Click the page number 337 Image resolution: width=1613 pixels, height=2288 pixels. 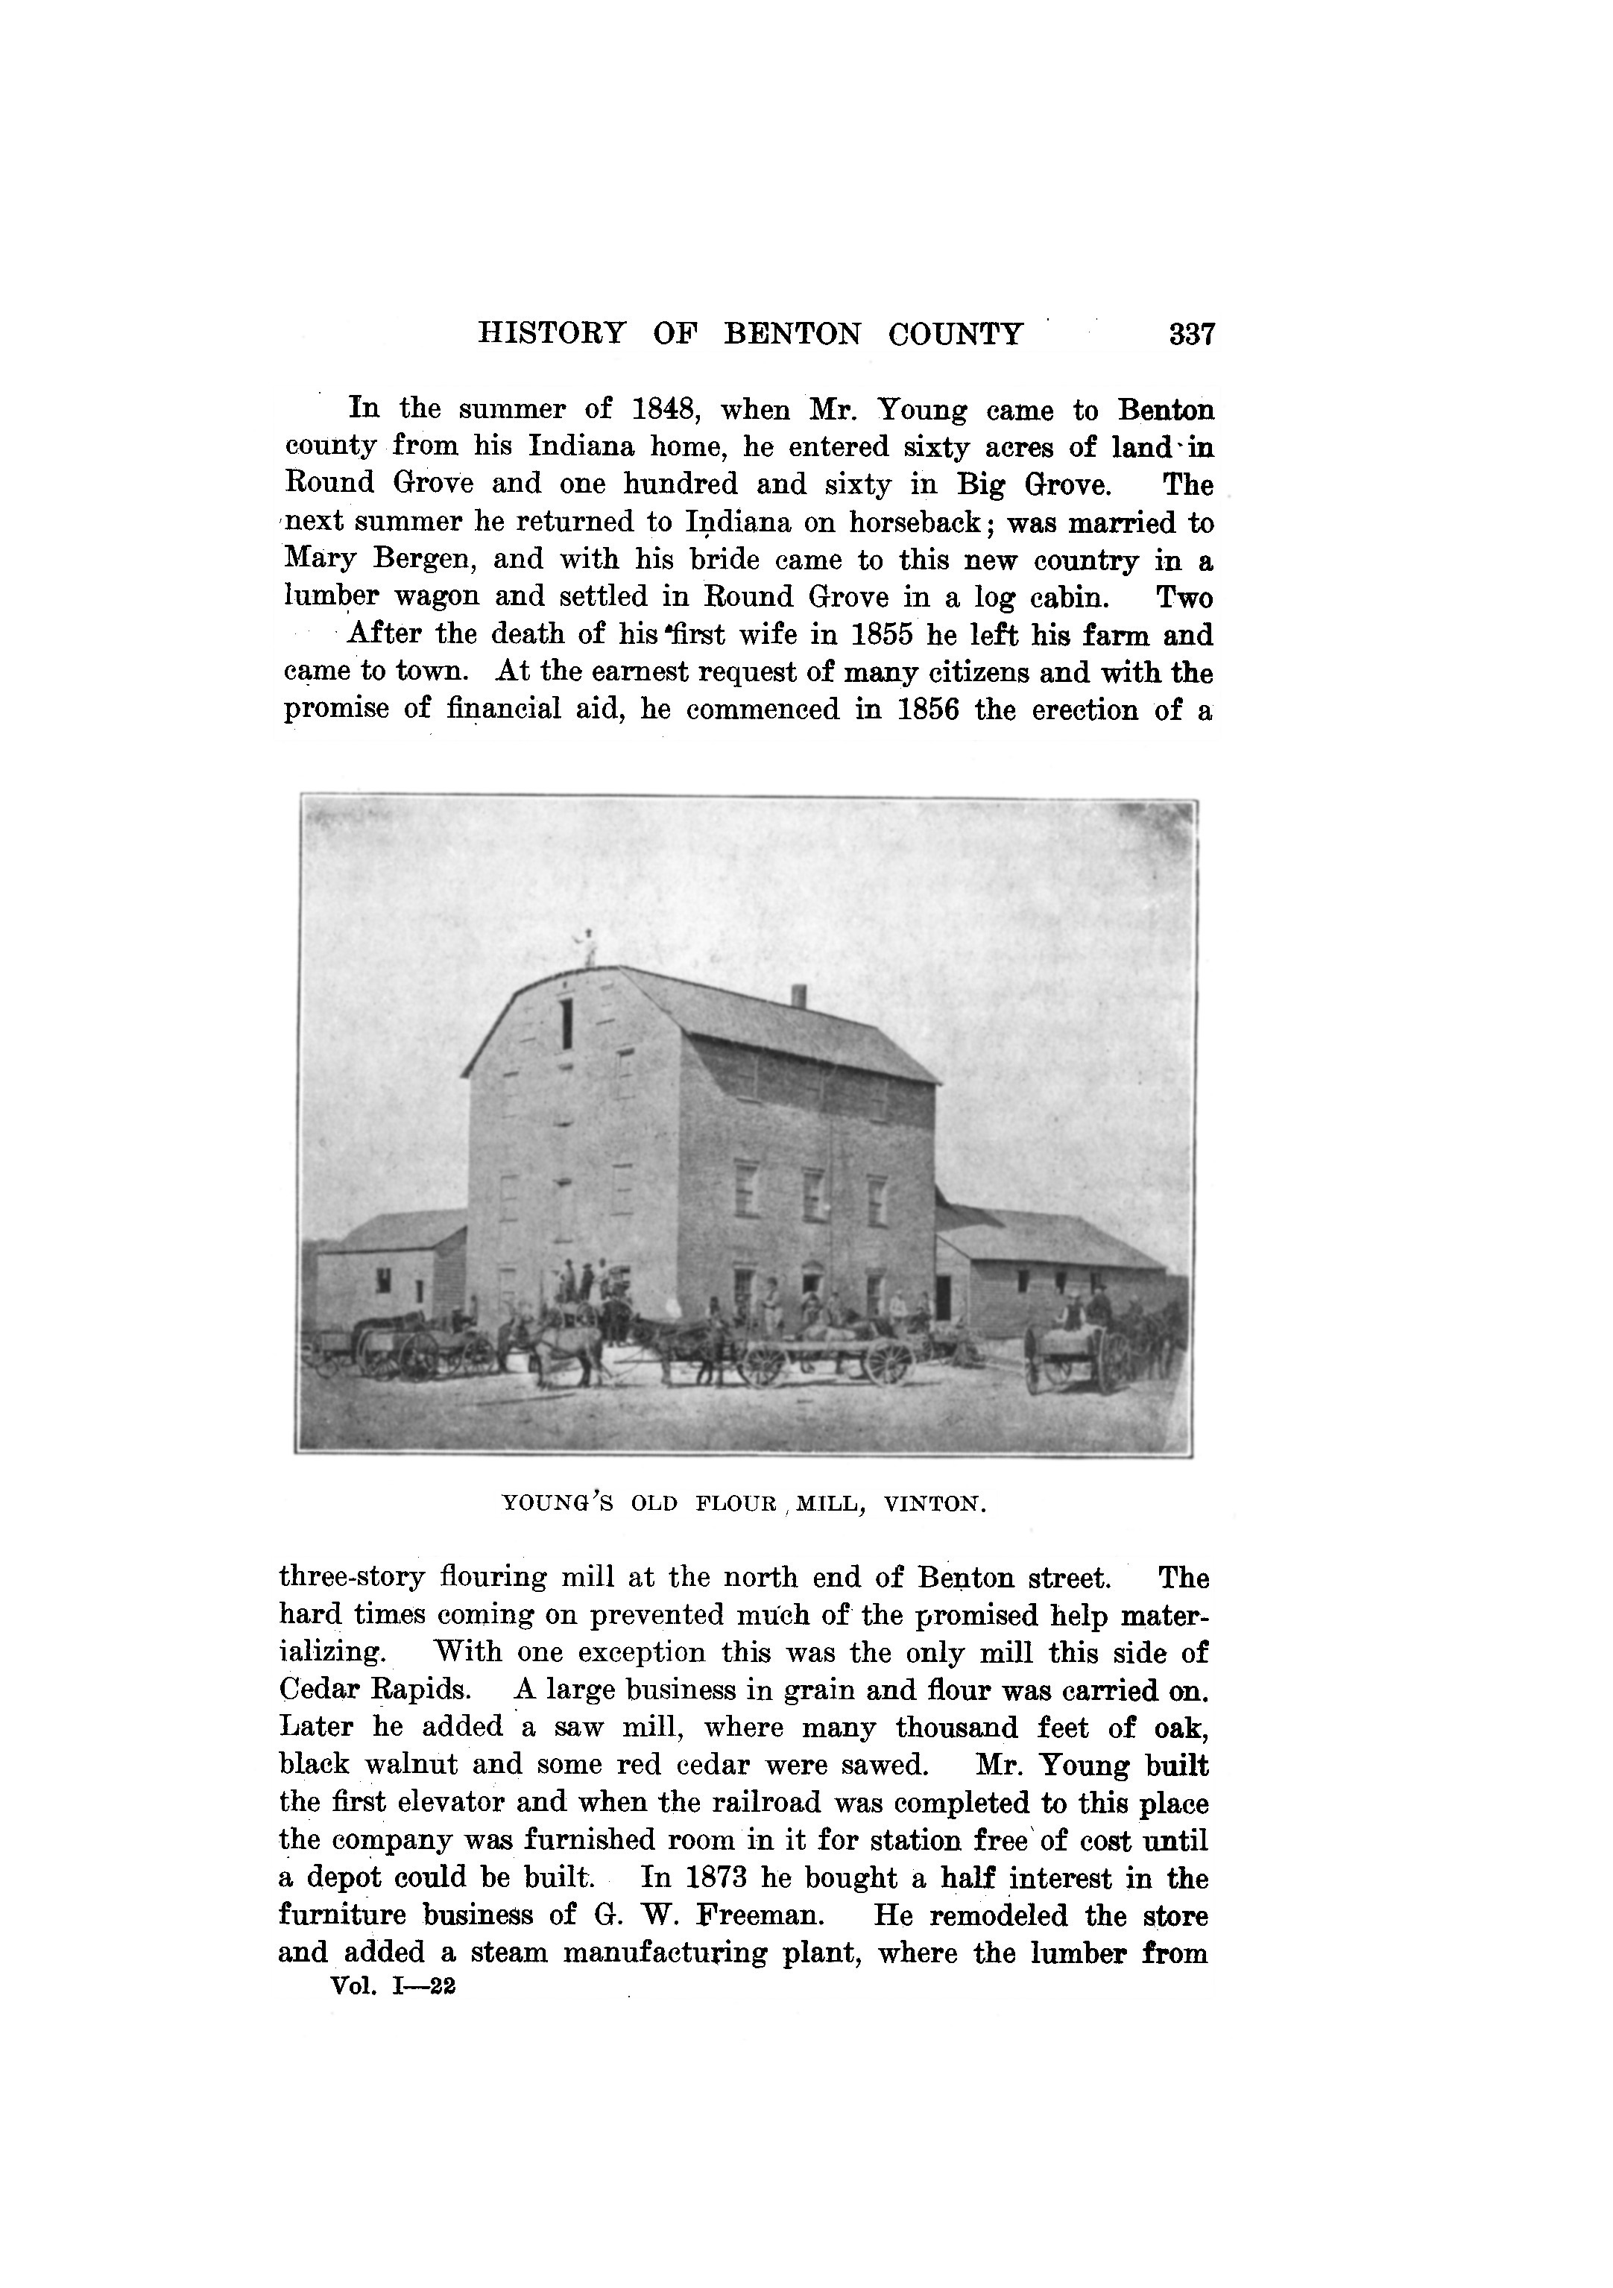point(1193,334)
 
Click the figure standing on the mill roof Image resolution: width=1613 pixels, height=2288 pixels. point(588,947)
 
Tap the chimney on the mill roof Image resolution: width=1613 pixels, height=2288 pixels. point(798,996)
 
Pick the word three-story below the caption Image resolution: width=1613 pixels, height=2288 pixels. point(352,1578)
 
